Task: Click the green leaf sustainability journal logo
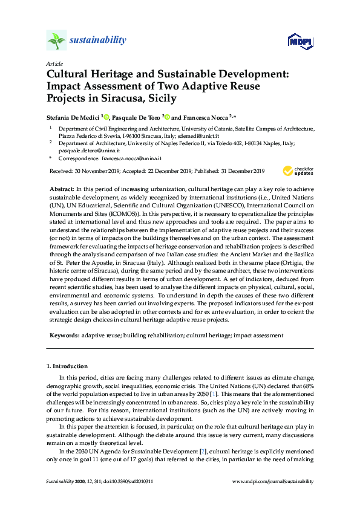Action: pos(56,41)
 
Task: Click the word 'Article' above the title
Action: pos(54,63)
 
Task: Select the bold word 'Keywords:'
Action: pos(63,334)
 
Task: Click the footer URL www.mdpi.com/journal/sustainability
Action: pos(273,481)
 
